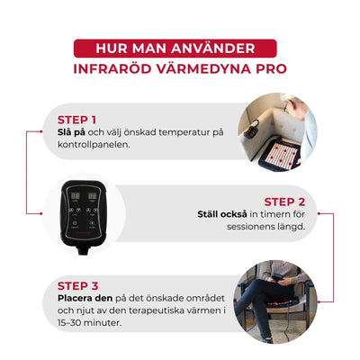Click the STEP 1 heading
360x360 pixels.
(x=76, y=120)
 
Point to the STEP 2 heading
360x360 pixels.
(x=284, y=202)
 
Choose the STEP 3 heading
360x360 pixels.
(x=77, y=286)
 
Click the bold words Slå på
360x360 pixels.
(x=71, y=132)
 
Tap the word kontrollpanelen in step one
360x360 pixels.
(x=93, y=145)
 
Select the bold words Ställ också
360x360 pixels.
(x=222, y=214)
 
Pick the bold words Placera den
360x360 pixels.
(x=85, y=299)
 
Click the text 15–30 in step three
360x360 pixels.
(x=69, y=323)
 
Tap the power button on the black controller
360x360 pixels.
(x=75, y=223)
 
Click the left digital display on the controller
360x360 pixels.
(x=75, y=197)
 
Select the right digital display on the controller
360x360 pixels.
(x=92, y=197)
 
